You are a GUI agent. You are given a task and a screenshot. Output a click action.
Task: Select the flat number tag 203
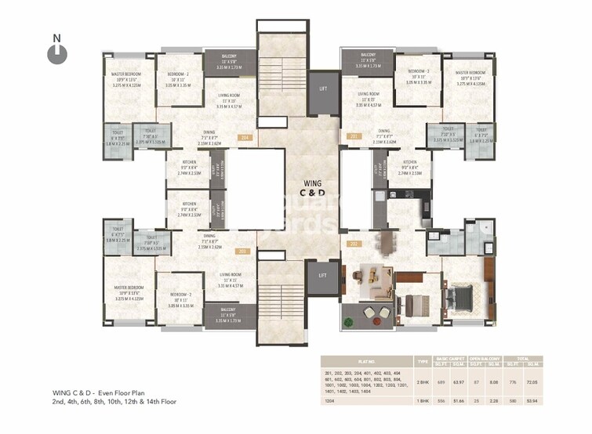[x=242, y=251]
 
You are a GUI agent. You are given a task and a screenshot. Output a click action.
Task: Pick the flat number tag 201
[x=354, y=137]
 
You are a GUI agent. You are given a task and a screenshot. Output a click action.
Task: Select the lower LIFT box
[x=322, y=276]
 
